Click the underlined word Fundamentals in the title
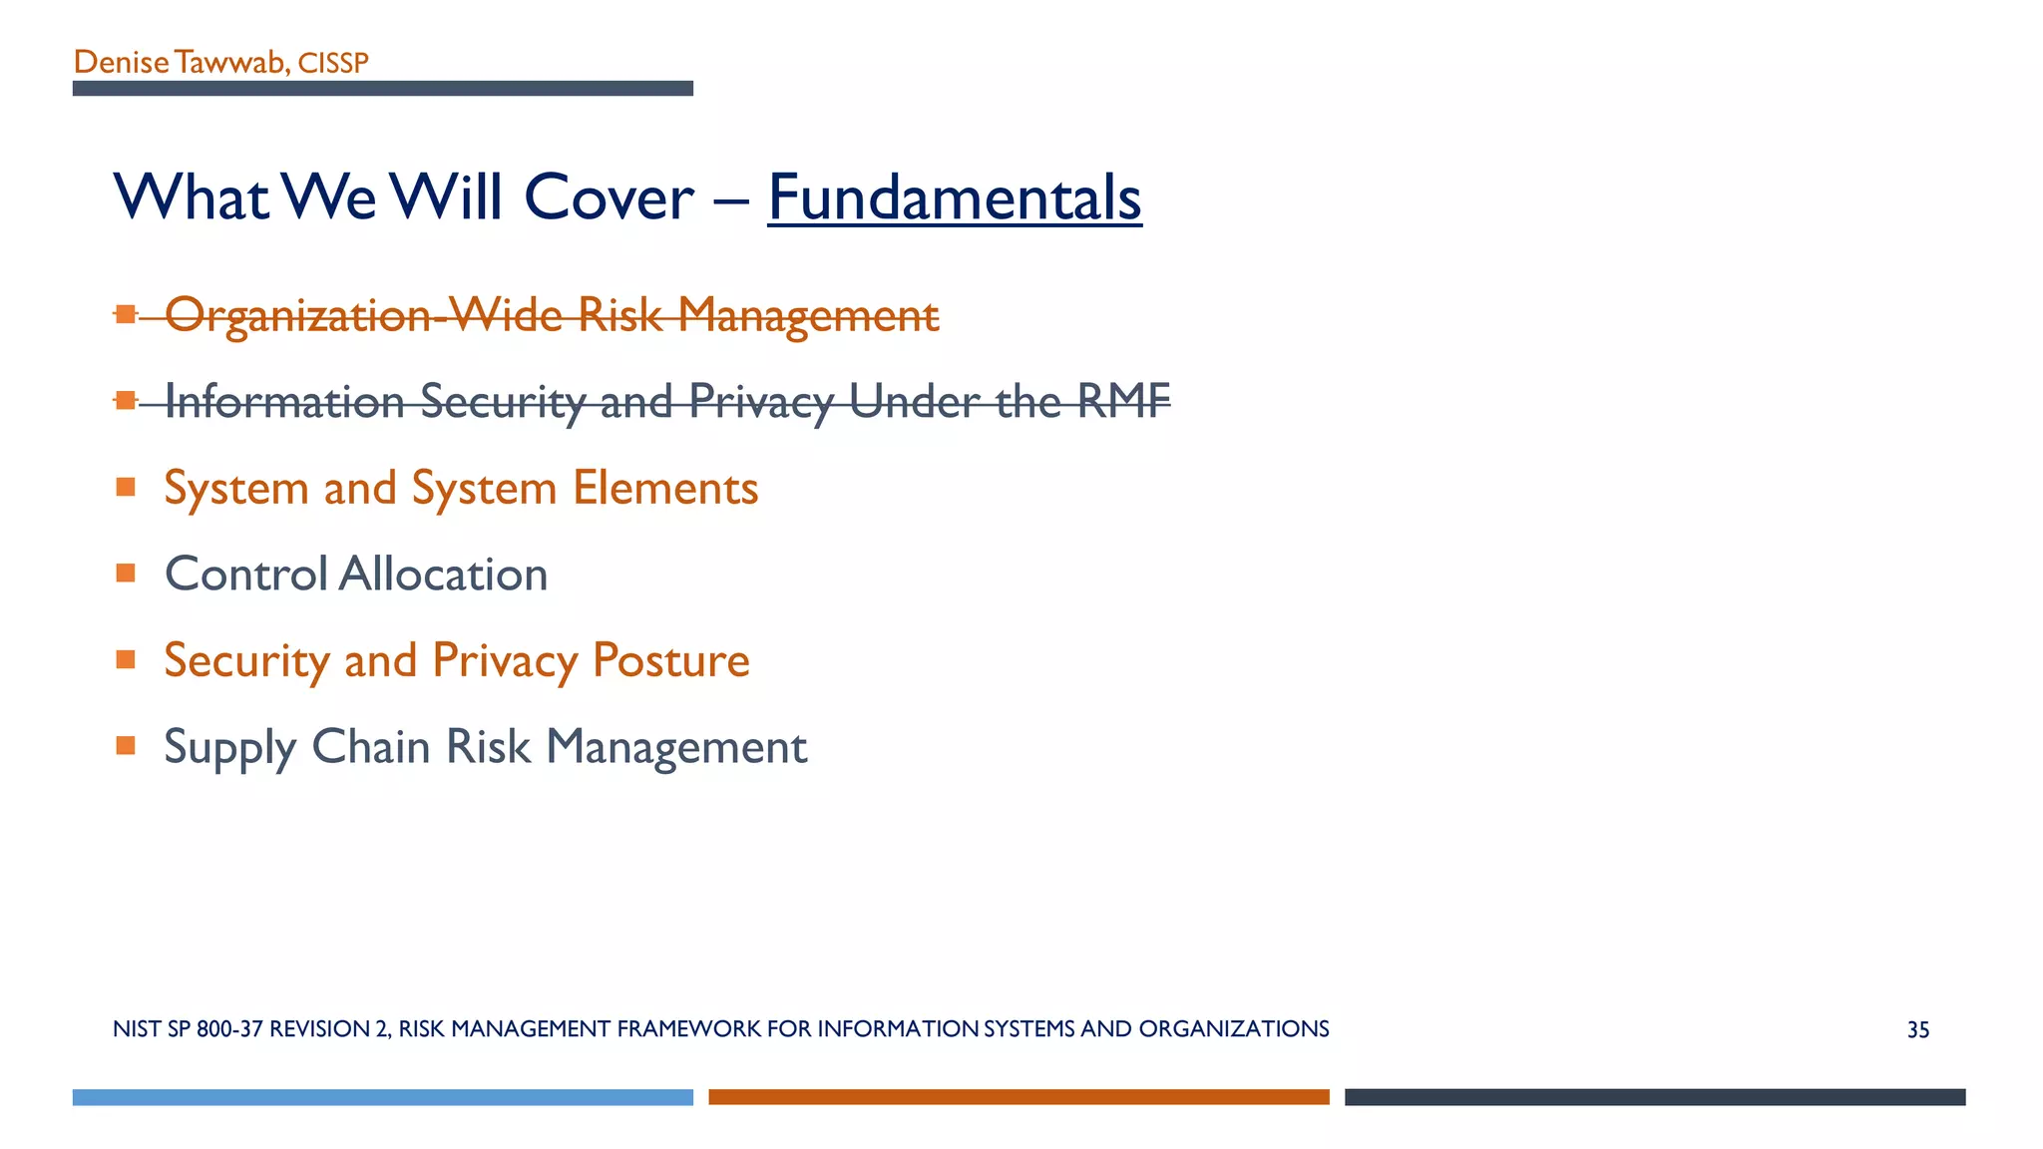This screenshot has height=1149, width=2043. (954, 197)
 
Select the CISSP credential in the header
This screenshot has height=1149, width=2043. (333, 64)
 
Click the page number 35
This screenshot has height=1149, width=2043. (1917, 1030)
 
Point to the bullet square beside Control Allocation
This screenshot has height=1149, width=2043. (126, 573)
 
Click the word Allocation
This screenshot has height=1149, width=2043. (443, 574)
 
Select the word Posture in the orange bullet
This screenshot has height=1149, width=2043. (670, 660)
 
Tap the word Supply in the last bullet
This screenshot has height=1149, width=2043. (229, 748)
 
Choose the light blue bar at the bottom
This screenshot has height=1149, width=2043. (382, 1097)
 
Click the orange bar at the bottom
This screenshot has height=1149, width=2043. (1019, 1097)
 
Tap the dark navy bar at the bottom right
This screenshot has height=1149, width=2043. (1654, 1097)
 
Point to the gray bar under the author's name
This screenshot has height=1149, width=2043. (382, 89)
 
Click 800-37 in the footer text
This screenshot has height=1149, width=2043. (229, 1029)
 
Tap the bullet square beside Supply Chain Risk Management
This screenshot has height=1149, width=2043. (126, 745)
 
